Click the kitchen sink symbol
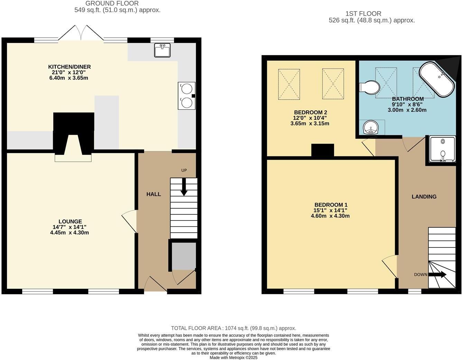tap(162, 50)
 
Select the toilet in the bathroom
tap(369, 87)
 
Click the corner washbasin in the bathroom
tap(372, 127)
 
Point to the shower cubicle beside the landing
tap(443, 149)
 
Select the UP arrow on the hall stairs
tap(184, 187)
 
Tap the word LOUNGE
tap(70, 222)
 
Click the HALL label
tap(154, 194)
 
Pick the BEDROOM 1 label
tap(331, 205)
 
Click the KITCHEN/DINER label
tap(69, 67)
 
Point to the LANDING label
tap(424, 197)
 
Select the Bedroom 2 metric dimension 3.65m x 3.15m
tap(310, 124)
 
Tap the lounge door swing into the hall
tap(130, 220)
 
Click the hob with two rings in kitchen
tap(186, 96)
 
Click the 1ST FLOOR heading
tap(363, 14)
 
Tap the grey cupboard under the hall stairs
tap(184, 256)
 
